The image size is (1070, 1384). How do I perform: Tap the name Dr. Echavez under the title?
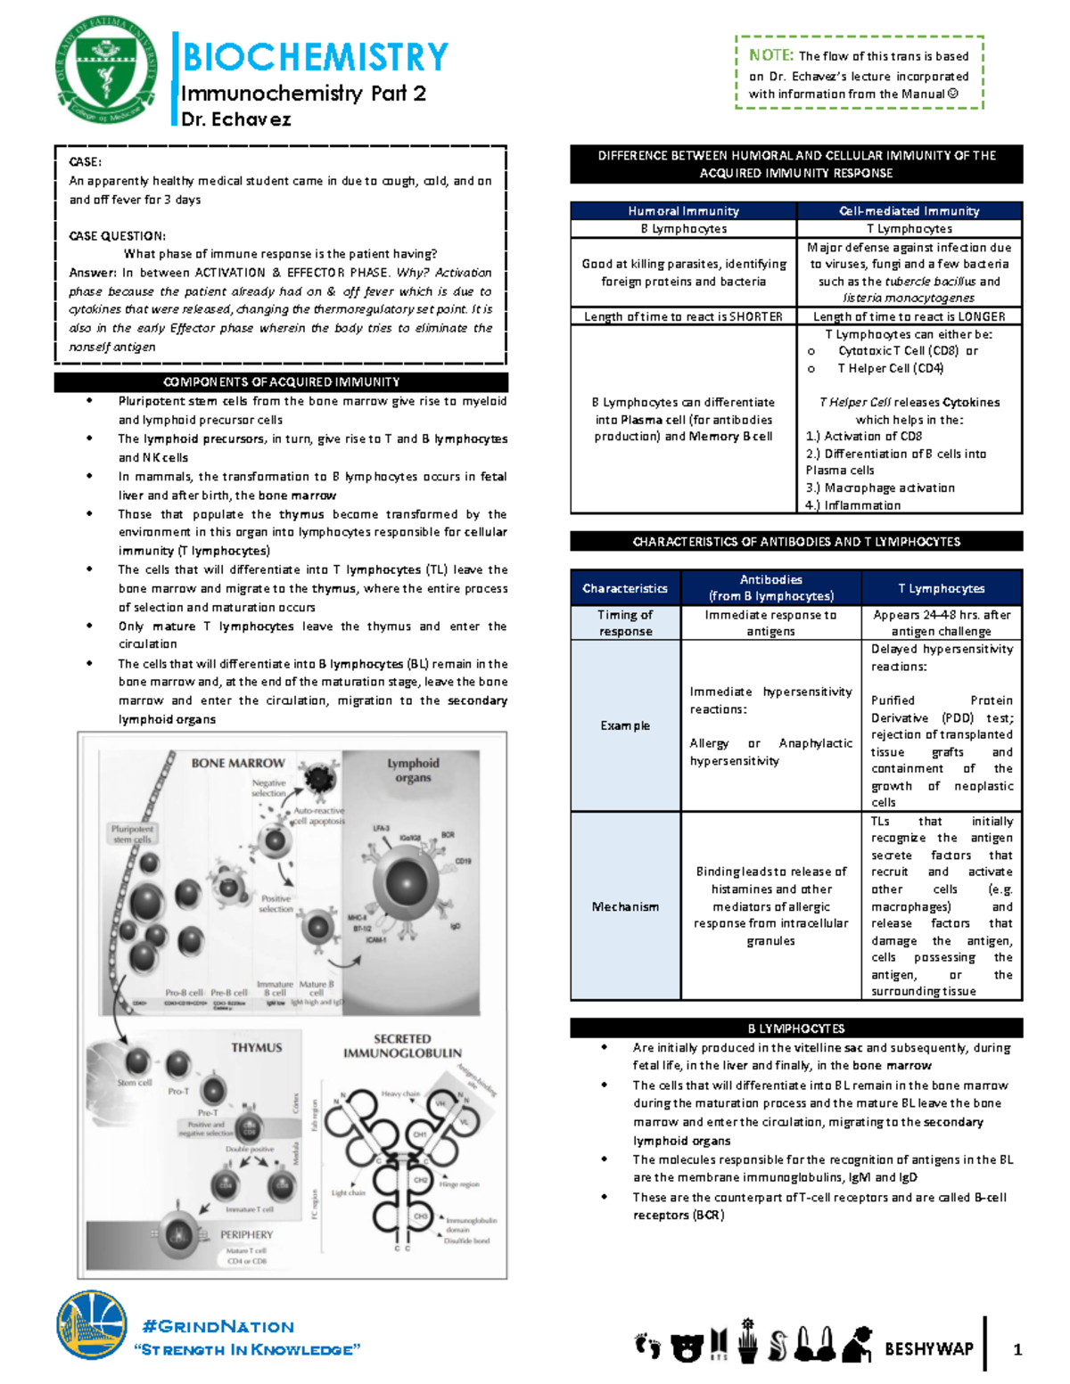point(235,119)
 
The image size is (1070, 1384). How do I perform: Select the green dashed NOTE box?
point(859,74)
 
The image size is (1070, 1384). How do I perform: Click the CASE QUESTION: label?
point(117,236)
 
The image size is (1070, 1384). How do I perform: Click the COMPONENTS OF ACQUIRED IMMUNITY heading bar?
point(281,382)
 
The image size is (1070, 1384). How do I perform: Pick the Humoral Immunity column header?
point(683,211)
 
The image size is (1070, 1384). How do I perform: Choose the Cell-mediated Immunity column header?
point(909,211)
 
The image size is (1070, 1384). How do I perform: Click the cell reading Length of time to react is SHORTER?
point(683,316)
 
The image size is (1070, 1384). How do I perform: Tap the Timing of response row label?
point(625,623)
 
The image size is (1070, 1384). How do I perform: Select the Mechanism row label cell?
point(625,906)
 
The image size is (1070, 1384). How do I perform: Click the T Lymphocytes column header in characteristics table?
point(941,588)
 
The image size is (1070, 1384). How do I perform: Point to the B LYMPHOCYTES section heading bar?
point(795,1028)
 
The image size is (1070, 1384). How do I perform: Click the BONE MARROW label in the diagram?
point(238,763)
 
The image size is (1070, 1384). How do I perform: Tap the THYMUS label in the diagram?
point(257,1048)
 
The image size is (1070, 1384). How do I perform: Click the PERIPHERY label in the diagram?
point(246,1235)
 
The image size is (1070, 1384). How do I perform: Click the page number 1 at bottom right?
point(1017,1350)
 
